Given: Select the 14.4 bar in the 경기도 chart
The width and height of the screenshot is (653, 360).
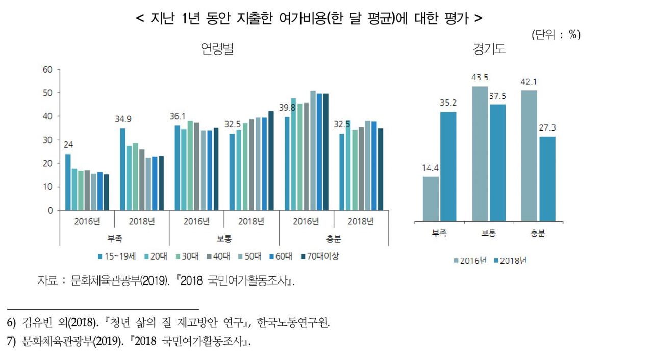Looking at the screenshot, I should pyautogui.click(x=431, y=199).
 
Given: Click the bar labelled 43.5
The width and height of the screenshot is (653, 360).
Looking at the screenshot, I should pyautogui.click(x=480, y=153).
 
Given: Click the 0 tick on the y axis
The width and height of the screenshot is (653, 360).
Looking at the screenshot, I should pyautogui.click(x=49, y=210).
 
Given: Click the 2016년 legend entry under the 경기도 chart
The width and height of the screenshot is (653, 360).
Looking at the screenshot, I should pyautogui.click(x=469, y=261).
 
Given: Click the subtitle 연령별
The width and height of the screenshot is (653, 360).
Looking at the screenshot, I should pyautogui.click(x=217, y=49).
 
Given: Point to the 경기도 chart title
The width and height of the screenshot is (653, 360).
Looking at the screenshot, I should pyautogui.click(x=489, y=49).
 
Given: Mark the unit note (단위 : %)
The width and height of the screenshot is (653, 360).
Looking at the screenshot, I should pyautogui.click(x=556, y=35).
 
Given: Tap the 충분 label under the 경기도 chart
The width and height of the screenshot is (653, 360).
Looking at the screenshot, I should pyautogui.click(x=538, y=234).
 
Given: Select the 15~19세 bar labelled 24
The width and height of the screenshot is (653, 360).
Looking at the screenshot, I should pyautogui.click(x=68, y=182).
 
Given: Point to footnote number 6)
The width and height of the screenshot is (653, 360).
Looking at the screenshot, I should pyautogui.click(x=12, y=323).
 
